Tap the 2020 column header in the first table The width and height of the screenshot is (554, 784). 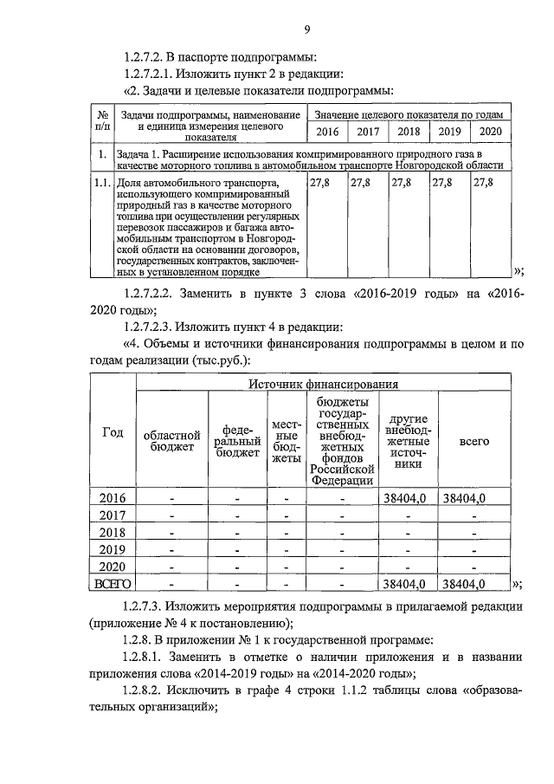490,133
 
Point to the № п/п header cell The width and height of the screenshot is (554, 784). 102,122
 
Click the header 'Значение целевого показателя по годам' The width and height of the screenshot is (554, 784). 408,114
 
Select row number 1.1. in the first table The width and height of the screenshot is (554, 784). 102,184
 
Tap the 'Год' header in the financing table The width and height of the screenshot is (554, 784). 113,433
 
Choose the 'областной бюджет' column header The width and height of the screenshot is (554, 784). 171,440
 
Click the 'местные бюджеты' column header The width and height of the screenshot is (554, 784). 285,440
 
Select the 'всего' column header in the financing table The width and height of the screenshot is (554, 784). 474,441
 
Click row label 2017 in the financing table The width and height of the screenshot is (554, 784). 113,515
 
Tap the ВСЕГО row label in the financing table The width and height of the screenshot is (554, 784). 113,584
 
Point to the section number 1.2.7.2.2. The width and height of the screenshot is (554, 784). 161,293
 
